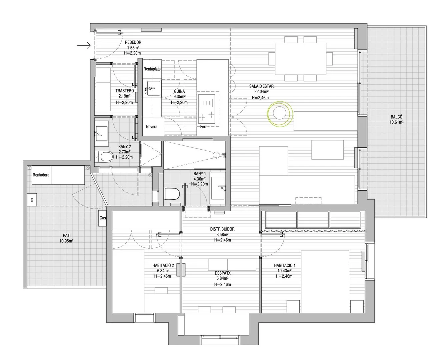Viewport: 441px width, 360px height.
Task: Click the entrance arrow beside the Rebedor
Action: [84, 45]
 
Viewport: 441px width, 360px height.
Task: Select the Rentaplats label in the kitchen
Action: [152, 69]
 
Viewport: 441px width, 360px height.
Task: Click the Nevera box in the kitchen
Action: [153, 126]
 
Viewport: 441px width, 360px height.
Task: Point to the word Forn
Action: [204, 126]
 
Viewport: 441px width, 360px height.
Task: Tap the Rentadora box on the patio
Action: [41, 175]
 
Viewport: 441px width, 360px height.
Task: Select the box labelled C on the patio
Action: [32, 200]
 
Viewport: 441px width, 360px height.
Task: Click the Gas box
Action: [102, 218]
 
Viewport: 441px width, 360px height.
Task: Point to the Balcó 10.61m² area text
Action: [396, 122]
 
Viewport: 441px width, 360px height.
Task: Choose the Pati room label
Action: [66, 235]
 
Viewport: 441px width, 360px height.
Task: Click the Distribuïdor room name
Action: [222, 229]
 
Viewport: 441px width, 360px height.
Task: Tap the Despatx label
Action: [222, 273]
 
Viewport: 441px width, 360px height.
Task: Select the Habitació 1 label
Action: [285, 266]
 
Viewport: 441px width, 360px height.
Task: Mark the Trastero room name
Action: [125, 91]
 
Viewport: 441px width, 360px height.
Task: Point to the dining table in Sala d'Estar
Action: [300, 59]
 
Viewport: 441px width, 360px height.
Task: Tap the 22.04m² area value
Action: [261, 92]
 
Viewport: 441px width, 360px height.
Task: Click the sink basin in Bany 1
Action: [218, 188]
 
